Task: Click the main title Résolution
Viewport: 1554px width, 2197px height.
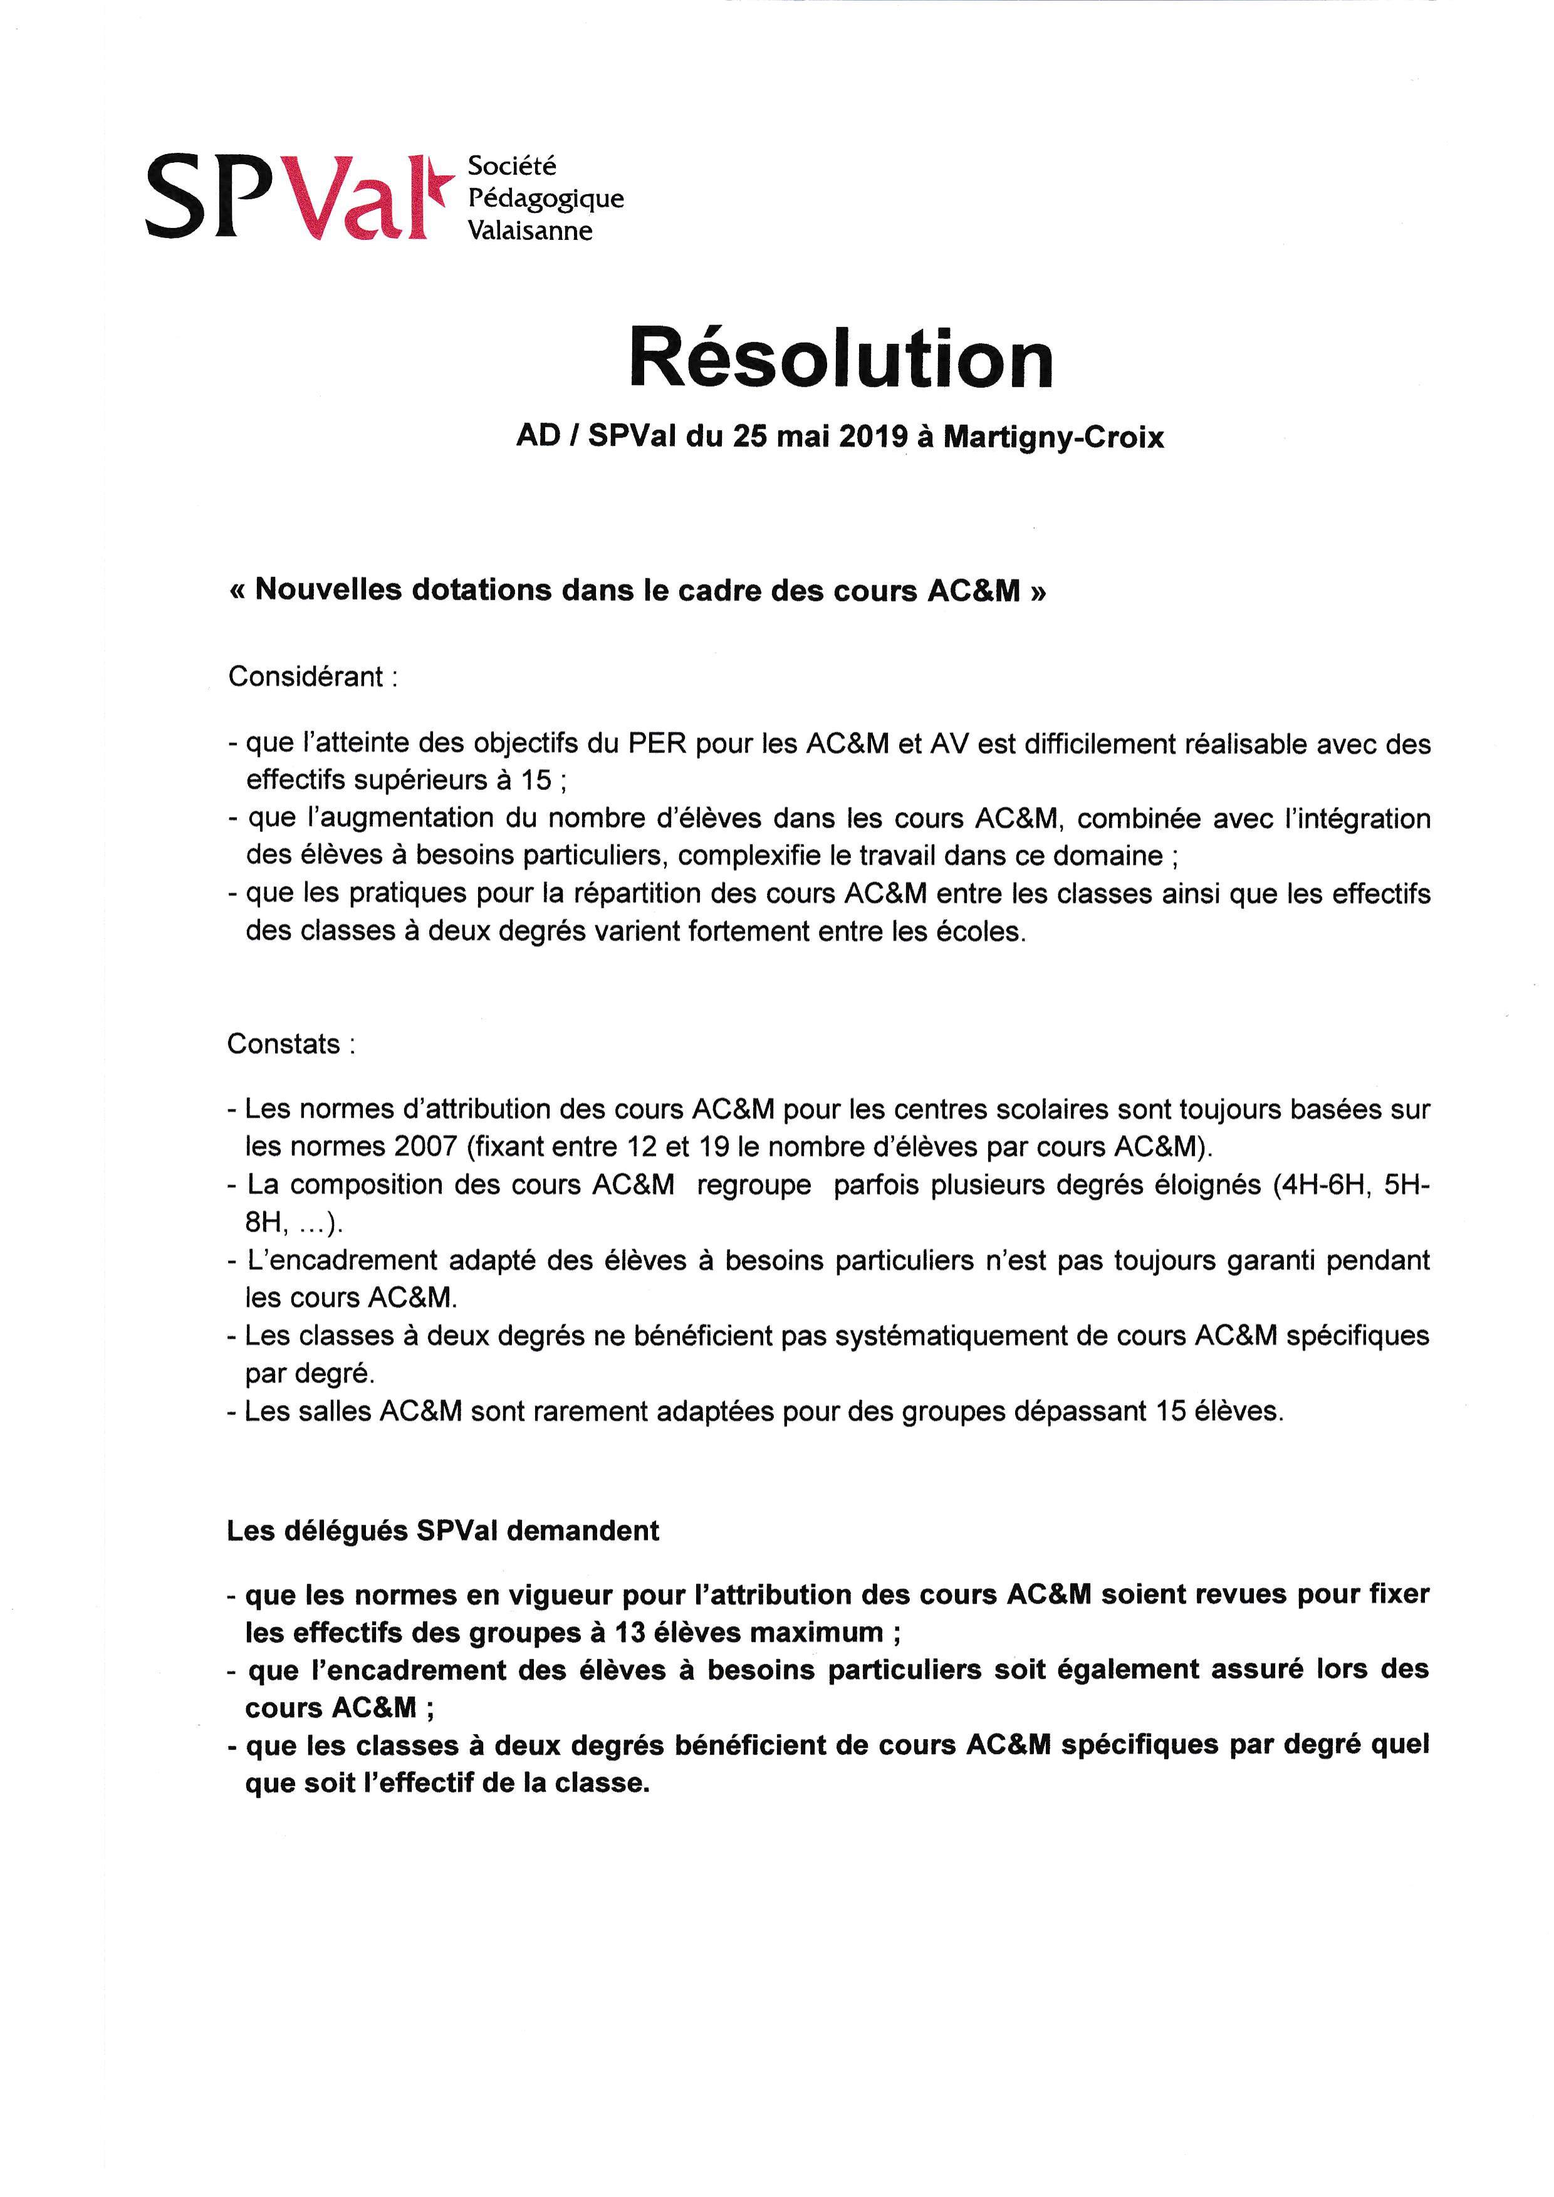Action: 841,359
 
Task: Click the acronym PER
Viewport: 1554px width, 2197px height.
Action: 657,744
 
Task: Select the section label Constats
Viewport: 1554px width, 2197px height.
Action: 284,1043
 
